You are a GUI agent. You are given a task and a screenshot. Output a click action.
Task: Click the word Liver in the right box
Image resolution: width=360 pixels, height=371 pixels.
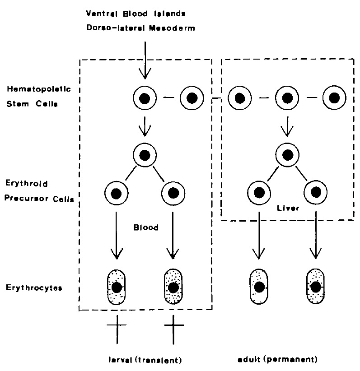286,209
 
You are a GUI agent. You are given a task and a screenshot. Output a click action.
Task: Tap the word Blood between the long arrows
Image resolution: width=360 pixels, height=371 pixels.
145,228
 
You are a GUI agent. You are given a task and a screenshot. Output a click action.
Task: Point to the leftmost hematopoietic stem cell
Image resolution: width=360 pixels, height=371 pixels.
145,97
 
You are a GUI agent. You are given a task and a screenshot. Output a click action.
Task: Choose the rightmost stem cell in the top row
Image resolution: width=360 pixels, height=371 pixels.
334,97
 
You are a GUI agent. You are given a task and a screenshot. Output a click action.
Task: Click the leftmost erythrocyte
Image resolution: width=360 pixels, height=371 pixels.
117,288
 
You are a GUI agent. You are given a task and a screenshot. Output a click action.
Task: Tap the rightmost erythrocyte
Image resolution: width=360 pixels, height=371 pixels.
316,288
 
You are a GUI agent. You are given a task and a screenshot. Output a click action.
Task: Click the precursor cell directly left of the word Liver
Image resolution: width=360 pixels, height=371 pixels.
259,193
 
